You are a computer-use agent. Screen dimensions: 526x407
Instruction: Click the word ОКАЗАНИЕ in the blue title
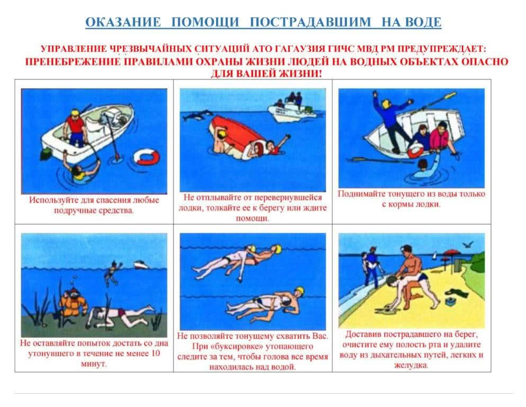click(123, 22)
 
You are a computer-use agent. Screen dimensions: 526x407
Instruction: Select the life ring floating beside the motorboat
click(146, 157)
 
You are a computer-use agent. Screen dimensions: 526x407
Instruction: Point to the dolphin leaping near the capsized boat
click(195, 116)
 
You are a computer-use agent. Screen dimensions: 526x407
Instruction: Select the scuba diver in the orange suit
click(73, 303)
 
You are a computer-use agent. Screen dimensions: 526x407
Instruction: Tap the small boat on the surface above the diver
click(141, 265)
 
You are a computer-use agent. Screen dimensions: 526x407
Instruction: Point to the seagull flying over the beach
click(468, 244)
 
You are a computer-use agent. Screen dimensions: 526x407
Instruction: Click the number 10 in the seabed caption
click(155, 353)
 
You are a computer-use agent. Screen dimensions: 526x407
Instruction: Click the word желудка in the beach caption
click(411, 365)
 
